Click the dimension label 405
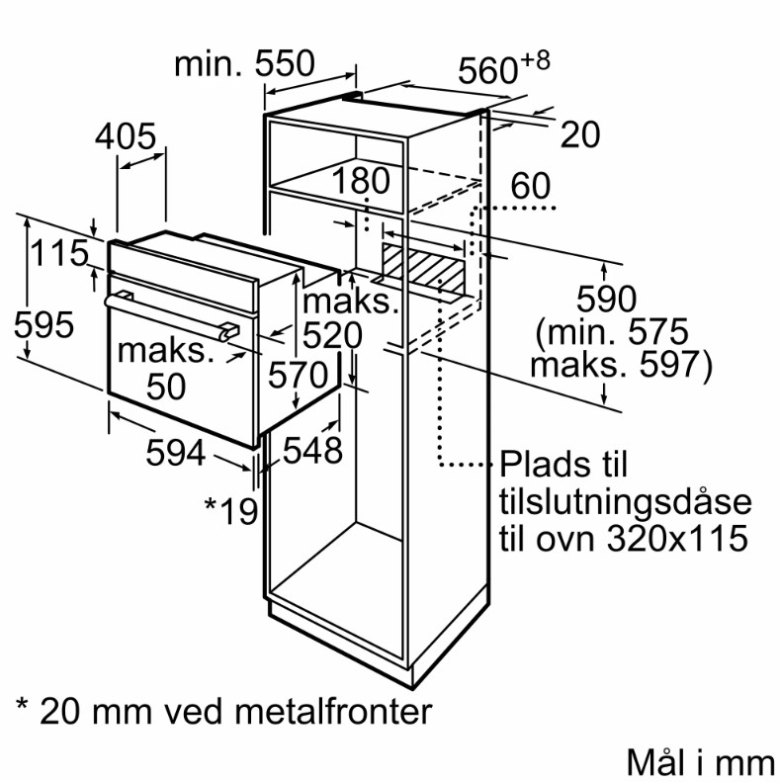(x=126, y=136)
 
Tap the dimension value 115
(x=59, y=253)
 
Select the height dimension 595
(x=43, y=324)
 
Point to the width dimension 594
(x=176, y=453)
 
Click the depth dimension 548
(x=312, y=451)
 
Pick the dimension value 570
(x=299, y=375)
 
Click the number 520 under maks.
(x=332, y=335)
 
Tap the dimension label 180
(x=361, y=180)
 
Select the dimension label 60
(x=530, y=186)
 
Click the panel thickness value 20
(x=580, y=134)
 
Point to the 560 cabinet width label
(x=504, y=67)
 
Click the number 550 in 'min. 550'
(x=285, y=63)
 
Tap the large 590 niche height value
(x=606, y=299)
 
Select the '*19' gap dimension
(x=231, y=511)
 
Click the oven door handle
(x=172, y=316)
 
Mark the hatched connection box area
(x=424, y=268)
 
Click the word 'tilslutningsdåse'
(x=625, y=501)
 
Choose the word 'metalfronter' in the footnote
(x=332, y=711)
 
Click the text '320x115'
(x=677, y=538)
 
